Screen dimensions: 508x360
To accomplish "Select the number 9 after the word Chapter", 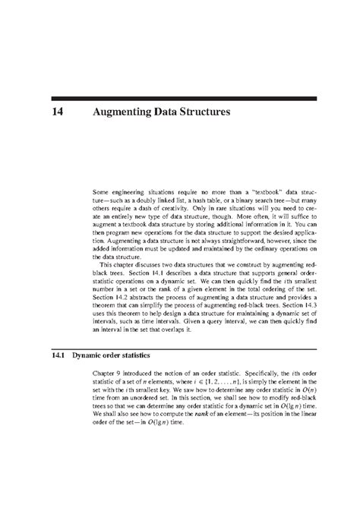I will pos(120,375).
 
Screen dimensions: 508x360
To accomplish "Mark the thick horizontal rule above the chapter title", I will pos(179,99).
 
